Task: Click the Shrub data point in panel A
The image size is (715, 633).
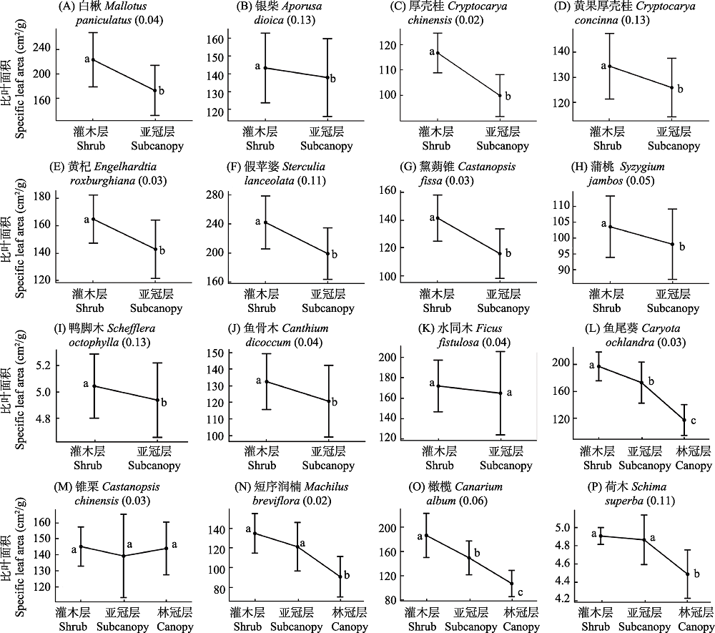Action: tap(93, 59)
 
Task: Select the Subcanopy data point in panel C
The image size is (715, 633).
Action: tap(500, 95)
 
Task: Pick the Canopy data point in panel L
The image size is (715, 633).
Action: tap(684, 420)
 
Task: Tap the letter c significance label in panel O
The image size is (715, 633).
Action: tap(520, 591)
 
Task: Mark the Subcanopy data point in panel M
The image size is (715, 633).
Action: tap(123, 556)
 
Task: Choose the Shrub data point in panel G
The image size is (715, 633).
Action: tap(438, 218)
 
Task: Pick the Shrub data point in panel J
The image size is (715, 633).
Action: tap(266, 381)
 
